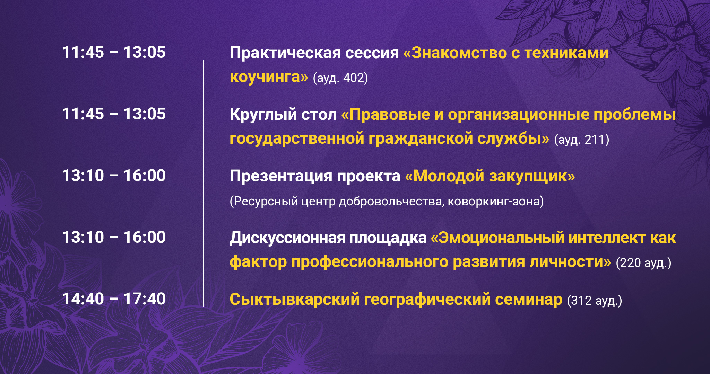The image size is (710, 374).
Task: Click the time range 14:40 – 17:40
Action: tap(114, 299)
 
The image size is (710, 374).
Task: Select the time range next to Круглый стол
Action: tap(114, 114)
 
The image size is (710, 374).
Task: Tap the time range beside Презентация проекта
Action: tap(114, 176)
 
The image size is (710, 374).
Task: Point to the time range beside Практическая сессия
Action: tap(114, 52)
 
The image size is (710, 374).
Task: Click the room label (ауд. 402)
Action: tap(340, 78)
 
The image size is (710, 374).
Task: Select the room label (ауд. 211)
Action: tap(582, 140)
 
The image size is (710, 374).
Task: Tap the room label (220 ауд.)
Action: tap(643, 263)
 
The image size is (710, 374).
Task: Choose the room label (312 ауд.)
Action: tap(595, 300)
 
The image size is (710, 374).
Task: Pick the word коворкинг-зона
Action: tap(496, 201)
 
